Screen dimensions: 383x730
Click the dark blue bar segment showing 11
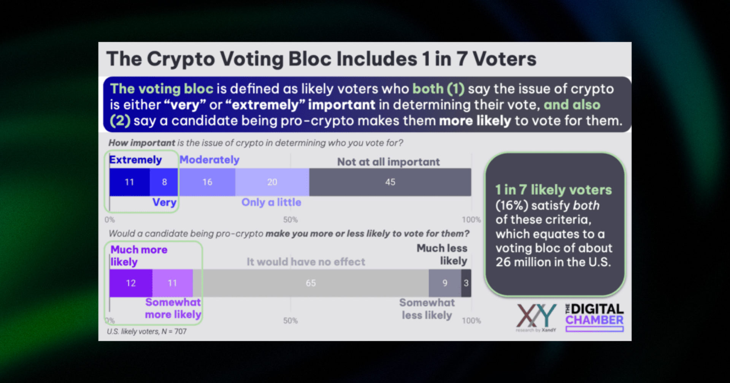129,182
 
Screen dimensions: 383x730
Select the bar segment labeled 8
164,182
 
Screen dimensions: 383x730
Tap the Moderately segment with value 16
207,182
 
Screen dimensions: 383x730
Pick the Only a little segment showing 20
272,182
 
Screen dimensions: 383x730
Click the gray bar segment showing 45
390,182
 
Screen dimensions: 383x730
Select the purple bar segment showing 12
131,283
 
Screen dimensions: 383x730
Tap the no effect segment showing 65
311,283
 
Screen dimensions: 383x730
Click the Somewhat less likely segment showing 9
444,283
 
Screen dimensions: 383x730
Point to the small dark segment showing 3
466,283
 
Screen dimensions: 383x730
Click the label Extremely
135,160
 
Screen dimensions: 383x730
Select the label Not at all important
388,162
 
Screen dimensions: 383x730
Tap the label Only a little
271,202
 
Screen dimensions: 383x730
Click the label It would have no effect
306,262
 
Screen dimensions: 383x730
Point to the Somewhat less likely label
427,309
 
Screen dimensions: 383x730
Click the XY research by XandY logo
536,317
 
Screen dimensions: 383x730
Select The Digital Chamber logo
594,317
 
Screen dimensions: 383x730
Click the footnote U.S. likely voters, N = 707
147,331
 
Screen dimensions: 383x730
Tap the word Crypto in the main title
181,59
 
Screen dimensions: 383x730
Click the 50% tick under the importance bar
290,220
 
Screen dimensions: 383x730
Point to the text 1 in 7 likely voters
553,190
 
